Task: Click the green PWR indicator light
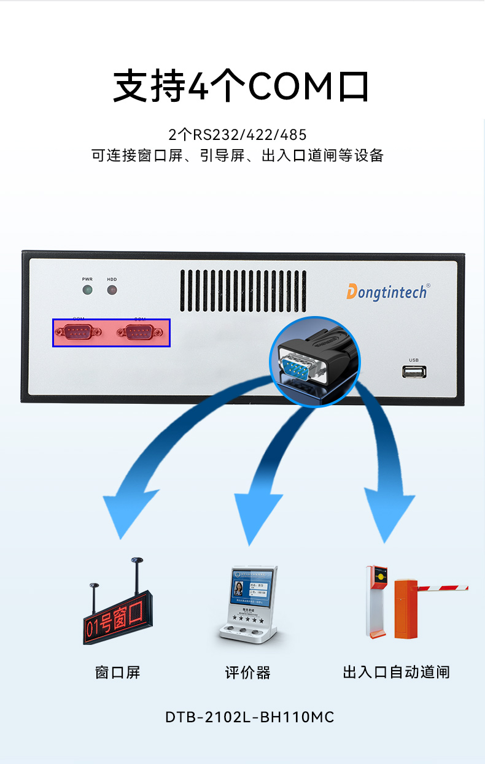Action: point(87,290)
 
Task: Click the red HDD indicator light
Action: point(112,290)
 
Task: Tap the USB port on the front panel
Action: point(414,371)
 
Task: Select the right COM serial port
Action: point(140,332)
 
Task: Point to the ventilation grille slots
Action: point(243,290)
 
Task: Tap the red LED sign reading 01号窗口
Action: point(115,619)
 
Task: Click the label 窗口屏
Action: point(117,673)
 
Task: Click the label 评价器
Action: point(247,673)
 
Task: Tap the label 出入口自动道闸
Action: point(396,673)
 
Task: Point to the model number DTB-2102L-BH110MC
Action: point(249,717)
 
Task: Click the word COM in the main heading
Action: point(292,87)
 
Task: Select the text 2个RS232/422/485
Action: point(238,134)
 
